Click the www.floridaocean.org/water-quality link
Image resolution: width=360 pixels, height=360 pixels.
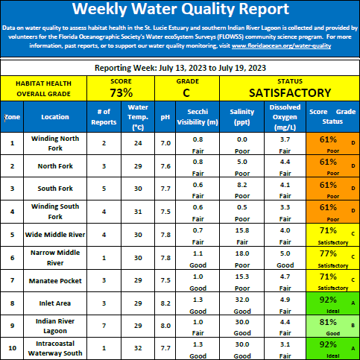click(281, 46)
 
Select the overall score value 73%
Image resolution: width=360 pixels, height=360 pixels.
click(121, 93)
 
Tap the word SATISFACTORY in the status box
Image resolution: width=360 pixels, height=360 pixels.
click(290, 93)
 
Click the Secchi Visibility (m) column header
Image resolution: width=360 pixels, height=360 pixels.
click(198, 117)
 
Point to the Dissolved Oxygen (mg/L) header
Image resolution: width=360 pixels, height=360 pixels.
click(285, 117)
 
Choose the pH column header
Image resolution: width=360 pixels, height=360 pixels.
click(165, 117)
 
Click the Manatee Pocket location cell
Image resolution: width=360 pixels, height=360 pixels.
click(55, 281)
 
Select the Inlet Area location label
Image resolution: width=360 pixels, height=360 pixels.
click(55, 303)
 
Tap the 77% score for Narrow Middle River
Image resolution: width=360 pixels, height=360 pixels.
click(328, 253)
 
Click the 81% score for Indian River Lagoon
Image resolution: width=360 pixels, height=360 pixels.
click(328, 322)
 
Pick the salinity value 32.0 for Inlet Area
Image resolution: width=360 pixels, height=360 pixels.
click(242, 300)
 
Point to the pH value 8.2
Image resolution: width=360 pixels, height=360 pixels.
click(165, 303)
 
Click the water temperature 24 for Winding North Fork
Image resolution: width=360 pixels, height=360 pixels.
click(138, 143)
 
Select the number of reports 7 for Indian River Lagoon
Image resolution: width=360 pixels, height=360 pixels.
click(104, 326)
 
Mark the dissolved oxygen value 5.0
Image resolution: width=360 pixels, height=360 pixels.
click(285, 253)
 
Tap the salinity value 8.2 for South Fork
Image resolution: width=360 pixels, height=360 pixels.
click(242, 185)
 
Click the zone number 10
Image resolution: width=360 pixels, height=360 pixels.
click(12, 348)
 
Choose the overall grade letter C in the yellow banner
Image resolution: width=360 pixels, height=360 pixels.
click(186, 93)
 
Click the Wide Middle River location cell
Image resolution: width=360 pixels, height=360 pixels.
click(55, 235)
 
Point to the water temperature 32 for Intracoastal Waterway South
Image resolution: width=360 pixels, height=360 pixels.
click(138, 348)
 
